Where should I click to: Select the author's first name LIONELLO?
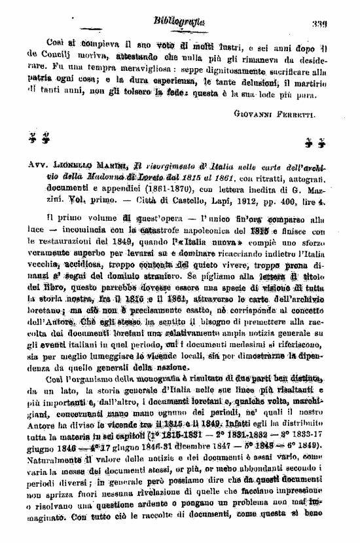click(74, 167)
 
